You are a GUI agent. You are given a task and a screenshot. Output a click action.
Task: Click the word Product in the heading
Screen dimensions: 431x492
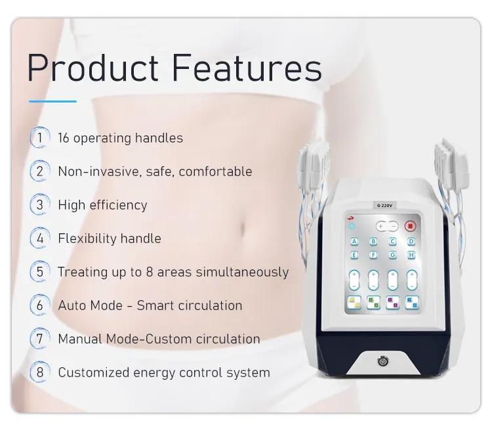point(92,67)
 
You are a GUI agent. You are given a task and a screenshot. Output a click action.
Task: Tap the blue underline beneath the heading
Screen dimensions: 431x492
point(52,101)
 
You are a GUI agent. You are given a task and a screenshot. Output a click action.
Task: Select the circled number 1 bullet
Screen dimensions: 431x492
point(40,138)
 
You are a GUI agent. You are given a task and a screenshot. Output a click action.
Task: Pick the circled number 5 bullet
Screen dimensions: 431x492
point(40,271)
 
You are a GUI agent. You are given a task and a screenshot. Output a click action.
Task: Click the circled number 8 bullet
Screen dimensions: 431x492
point(40,373)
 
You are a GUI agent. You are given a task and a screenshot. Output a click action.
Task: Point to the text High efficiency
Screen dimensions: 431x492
point(102,204)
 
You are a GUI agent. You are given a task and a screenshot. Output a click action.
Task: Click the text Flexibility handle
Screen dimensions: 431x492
point(109,238)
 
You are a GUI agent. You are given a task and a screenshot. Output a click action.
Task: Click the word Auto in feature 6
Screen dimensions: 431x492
point(72,306)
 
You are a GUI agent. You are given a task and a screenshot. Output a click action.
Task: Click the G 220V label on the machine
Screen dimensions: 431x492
point(384,206)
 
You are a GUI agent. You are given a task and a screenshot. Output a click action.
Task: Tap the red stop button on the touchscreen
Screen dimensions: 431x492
point(411,226)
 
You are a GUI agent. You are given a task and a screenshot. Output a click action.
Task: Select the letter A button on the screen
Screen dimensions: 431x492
point(355,241)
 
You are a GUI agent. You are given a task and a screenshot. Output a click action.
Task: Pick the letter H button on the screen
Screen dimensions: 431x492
point(411,255)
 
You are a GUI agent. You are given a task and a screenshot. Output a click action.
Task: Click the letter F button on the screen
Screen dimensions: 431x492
point(374,255)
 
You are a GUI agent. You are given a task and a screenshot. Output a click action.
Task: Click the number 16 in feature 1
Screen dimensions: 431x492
point(64,138)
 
